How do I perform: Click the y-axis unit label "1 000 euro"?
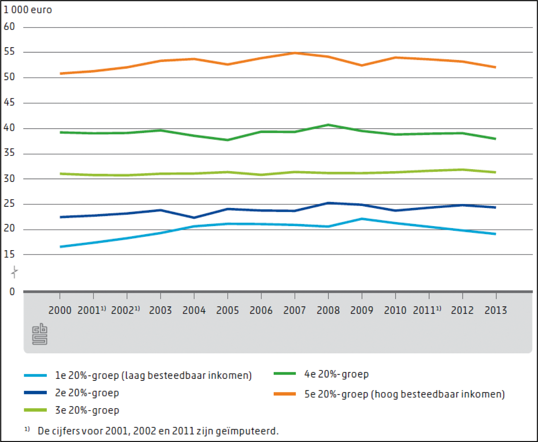[x=28, y=10]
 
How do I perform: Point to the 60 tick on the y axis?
[x=9, y=27]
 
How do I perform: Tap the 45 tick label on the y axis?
[x=9, y=103]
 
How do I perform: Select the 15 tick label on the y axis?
[x=9, y=254]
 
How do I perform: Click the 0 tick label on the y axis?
[x=12, y=291]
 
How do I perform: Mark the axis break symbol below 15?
[x=14, y=272]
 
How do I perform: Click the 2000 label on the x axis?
[x=60, y=310]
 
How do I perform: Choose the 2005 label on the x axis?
[x=227, y=310]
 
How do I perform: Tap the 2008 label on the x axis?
[x=328, y=310]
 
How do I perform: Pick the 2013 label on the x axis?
[x=496, y=310]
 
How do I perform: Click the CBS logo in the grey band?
[x=40, y=334]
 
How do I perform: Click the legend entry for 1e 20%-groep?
[x=153, y=375]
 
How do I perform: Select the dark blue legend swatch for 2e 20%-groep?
[x=35, y=392]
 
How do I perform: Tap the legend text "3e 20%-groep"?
[x=87, y=410]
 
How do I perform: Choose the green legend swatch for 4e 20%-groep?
[x=285, y=374]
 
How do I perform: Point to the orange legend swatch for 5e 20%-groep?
[x=285, y=394]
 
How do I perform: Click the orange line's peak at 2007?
[x=294, y=53]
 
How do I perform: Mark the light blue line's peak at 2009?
[x=362, y=219]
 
